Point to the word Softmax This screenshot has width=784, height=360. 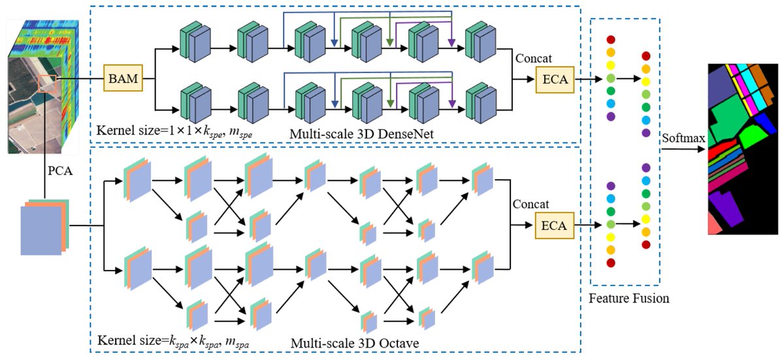click(683, 139)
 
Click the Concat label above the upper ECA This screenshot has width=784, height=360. click(531, 57)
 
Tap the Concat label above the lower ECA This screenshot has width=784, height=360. click(531, 204)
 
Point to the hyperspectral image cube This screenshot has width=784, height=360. click(36, 85)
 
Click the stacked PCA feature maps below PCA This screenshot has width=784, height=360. click(43, 227)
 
